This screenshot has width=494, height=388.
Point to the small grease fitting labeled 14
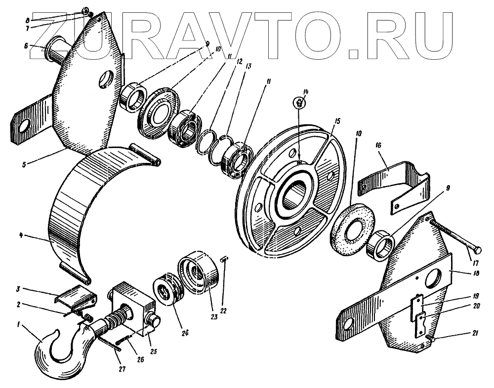click(299, 103)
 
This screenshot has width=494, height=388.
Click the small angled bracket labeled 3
click(75, 297)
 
